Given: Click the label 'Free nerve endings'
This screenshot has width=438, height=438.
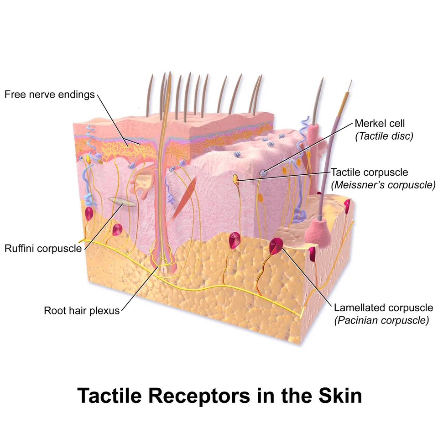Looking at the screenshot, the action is click(49, 94).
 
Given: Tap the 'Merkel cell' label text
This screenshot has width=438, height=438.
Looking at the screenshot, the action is click(380, 123).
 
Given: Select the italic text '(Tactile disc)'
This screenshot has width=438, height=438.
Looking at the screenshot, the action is click(384, 136).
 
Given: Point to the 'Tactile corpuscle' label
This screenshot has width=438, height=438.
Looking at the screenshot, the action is click(369, 172).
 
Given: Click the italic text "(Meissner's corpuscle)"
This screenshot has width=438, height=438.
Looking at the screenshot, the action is click(383, 185).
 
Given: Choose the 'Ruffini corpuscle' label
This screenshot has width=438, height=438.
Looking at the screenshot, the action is click(43, 248).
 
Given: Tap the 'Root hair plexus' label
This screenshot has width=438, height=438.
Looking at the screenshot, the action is click(82, 310).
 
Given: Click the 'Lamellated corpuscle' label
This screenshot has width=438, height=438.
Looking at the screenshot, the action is click(384, 308).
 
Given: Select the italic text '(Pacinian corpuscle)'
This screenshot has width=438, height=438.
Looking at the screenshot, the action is click(381, 320).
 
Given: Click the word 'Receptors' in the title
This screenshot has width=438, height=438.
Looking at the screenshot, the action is click(199, 396).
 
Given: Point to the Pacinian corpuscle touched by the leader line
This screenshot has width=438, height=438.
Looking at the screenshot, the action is click(276, 245).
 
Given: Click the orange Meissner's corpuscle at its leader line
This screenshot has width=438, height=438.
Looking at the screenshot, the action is click(236, 179).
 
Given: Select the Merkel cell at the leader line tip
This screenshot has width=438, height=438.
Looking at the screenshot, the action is click(263, 173).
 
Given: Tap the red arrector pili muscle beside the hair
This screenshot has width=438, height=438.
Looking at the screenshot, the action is click(182, 198).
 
